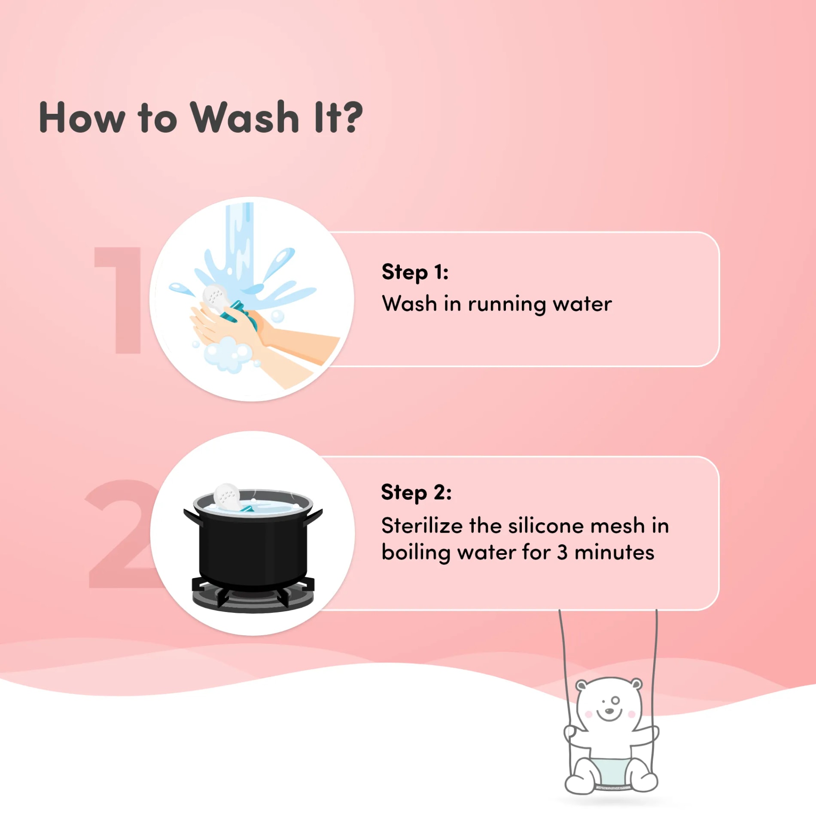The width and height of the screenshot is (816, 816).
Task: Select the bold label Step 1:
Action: tap(415, 272)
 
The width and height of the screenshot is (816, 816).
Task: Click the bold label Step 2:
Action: tap(416, 492)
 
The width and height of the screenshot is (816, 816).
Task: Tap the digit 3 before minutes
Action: tap(562, 553)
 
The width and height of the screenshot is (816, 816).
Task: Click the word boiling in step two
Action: tap(416, 553)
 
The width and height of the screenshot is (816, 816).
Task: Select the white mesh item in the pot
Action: tap(226, 497)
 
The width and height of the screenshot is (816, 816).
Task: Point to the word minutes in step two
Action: tap(615, 553)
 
